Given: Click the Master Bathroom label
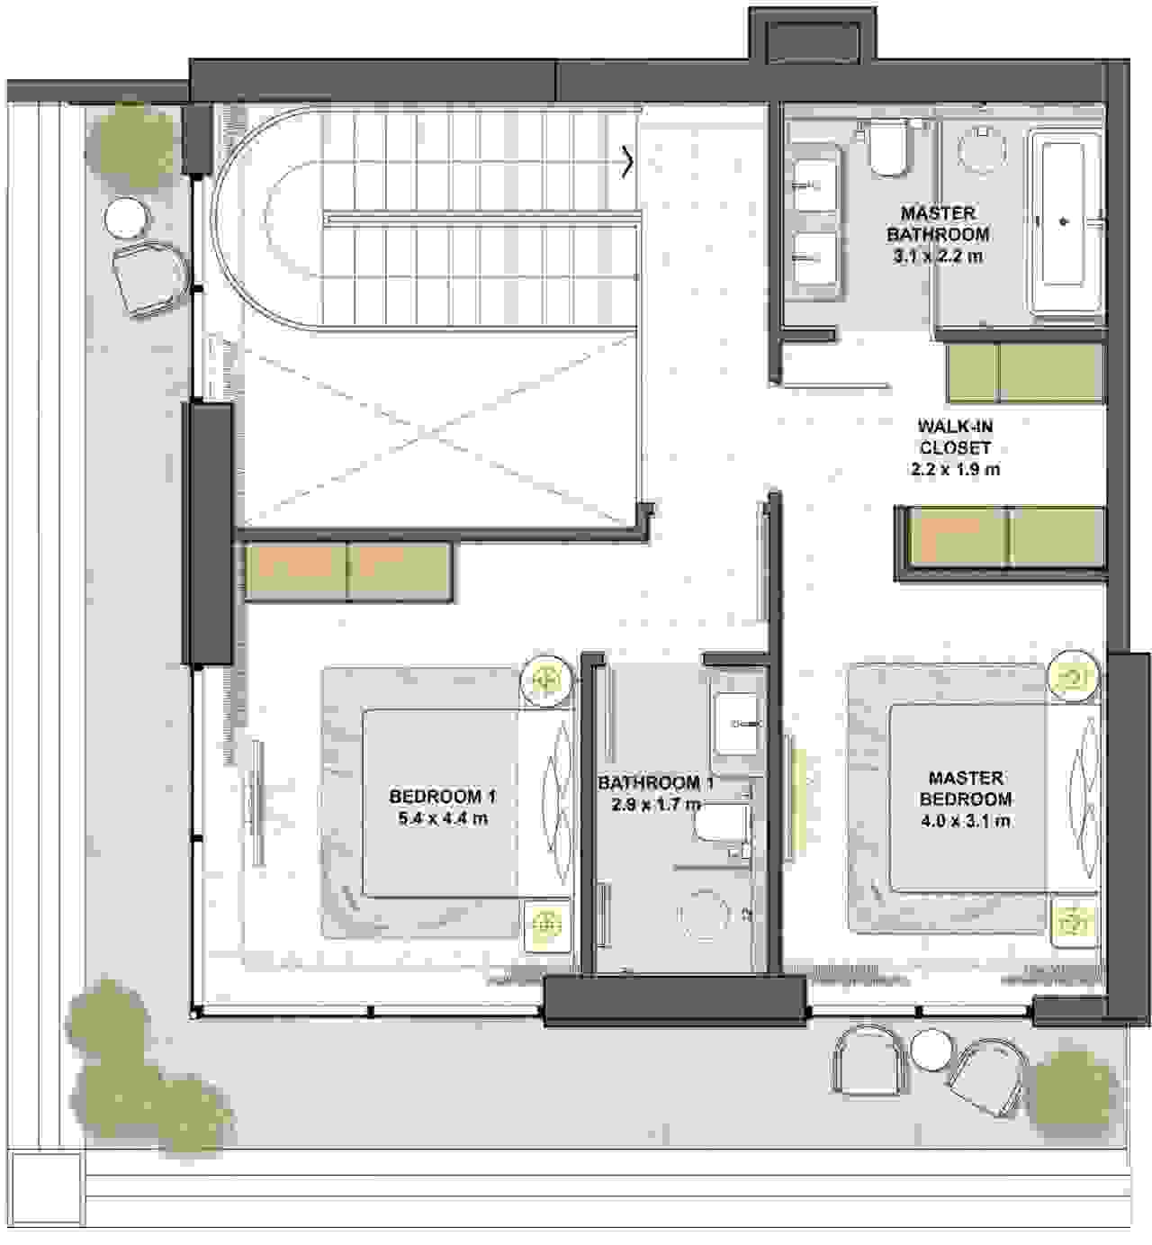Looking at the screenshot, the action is (938, 234).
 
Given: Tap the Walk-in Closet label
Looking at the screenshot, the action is (955, 447).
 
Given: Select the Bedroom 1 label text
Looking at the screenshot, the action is (443, 796).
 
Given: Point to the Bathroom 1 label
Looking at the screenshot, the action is (655, 783).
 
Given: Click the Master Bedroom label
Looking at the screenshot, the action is (965, 789).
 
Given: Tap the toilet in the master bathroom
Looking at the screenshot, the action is (886, 150).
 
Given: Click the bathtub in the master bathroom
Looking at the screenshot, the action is (1065, 221).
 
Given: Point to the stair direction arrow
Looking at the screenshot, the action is (627, 162).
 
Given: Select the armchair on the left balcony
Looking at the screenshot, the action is (150, 277).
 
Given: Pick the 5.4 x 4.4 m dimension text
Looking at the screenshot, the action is (443, 818).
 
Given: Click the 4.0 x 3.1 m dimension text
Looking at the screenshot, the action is (965, 821).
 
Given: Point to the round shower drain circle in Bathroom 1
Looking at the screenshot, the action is (704, 915).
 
